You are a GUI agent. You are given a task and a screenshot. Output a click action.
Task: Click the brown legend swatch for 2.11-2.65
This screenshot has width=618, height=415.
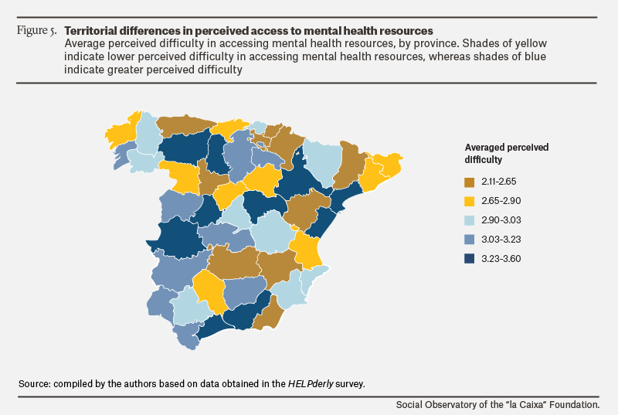pos(469,182)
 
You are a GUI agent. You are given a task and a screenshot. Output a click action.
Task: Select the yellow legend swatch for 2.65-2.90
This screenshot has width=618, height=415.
pos(469,202)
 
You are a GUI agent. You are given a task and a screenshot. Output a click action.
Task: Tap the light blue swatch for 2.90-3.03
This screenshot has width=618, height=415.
pos(469,221)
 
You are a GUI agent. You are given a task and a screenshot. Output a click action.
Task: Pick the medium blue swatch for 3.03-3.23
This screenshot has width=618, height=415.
pos(469,240)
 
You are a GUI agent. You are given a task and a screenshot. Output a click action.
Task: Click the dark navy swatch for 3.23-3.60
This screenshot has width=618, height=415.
pos(469,259)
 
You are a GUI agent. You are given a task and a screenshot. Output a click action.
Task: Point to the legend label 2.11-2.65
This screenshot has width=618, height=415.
pos(498,182)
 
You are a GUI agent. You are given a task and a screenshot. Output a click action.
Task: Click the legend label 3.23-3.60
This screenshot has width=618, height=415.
pos(501,259)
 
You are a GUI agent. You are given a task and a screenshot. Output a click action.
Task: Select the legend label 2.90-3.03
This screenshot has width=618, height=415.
pos(501,220)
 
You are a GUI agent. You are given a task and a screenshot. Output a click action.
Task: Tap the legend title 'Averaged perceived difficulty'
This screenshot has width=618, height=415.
pos(507,153)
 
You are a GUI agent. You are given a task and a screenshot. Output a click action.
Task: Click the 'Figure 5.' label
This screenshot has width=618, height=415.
pos(36,30)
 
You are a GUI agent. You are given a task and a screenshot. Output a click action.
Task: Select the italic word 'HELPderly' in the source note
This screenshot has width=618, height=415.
pos(311,383)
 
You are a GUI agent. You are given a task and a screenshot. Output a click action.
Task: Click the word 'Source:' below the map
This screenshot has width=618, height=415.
pos(35,383)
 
